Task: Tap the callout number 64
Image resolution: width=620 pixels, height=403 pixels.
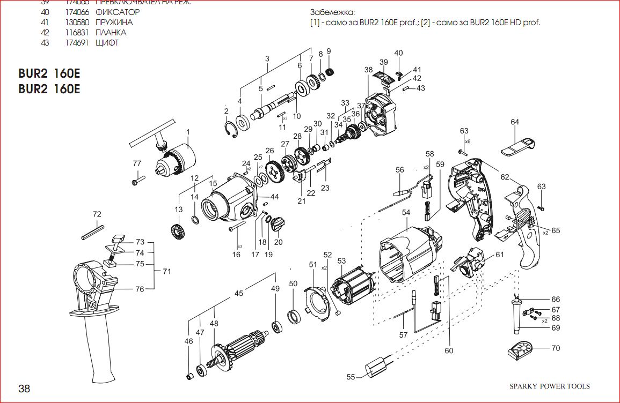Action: pyautogui.click(x=515, y=122)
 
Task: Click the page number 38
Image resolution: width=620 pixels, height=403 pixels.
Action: pyautogui.click(x=24, y=389)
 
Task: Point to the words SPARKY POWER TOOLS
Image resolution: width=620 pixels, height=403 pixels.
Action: pyautogui.click(x=549, y=386)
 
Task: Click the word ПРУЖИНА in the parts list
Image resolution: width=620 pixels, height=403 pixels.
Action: pyautogui.click(x=114, y=23)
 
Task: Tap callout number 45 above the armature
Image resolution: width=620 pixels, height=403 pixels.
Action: pyautogui.click(x=239, y=293)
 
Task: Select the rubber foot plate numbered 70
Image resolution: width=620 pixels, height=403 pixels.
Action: pyautogui.click(x=522, y=351)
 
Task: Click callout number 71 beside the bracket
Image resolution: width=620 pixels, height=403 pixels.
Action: pyautogui.click(x=167, y=272)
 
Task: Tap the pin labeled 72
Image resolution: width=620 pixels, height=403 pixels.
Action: pyautogui.click(x=93, y=231)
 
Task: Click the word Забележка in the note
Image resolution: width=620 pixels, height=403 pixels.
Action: pyautogui.click(x=332, y=12)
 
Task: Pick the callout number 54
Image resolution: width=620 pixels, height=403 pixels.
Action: pyautogui.click(x=406, y=213)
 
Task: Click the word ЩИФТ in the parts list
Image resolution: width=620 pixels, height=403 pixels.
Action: pyautogui.click(x=107, y=43)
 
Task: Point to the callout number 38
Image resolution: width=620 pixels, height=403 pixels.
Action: pyautogui.click(x=368, y=70)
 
